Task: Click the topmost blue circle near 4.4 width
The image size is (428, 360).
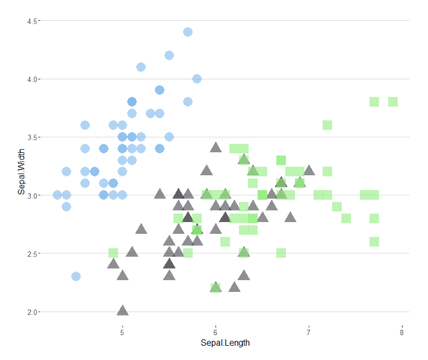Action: (188, 32)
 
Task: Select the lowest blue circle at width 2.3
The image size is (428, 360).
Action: (76, 277)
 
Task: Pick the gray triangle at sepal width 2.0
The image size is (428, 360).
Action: (123, 311)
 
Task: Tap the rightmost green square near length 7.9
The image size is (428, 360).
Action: (392, 102)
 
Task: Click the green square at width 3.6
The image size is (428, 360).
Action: (327, 125)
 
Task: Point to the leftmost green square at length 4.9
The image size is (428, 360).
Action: (113, 253)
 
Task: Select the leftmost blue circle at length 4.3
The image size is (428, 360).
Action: (57, 195)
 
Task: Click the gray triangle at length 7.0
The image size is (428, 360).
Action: (309, 171)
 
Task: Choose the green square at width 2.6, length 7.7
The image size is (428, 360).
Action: (374, 242)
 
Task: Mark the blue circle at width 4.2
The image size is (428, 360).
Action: (169, 56)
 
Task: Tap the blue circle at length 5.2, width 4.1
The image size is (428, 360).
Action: (141, 67)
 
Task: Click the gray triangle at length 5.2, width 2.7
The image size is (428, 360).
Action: (141, 229)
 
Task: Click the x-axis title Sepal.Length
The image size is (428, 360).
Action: (225, 343)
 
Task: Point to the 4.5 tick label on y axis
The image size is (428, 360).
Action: (33, 21)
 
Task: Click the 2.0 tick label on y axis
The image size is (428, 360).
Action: (33, 312)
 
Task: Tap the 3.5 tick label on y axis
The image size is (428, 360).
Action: (33, 137)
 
